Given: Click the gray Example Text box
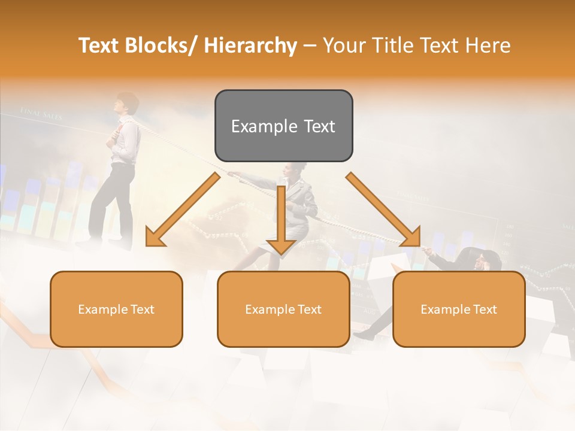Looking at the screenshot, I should point(283,126).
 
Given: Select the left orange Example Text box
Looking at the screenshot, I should point(116,309).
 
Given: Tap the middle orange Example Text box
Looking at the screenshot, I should point(283,309).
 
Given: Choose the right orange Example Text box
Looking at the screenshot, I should point(459,309).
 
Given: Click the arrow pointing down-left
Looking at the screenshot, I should point(183,210).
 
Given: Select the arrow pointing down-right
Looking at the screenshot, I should point(383,210).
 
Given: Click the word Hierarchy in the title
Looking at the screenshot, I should point(250,45).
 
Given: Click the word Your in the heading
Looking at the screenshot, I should point(344,45).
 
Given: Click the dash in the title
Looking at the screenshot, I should point(310,45).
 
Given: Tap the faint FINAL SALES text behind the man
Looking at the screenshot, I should point(41,113).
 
